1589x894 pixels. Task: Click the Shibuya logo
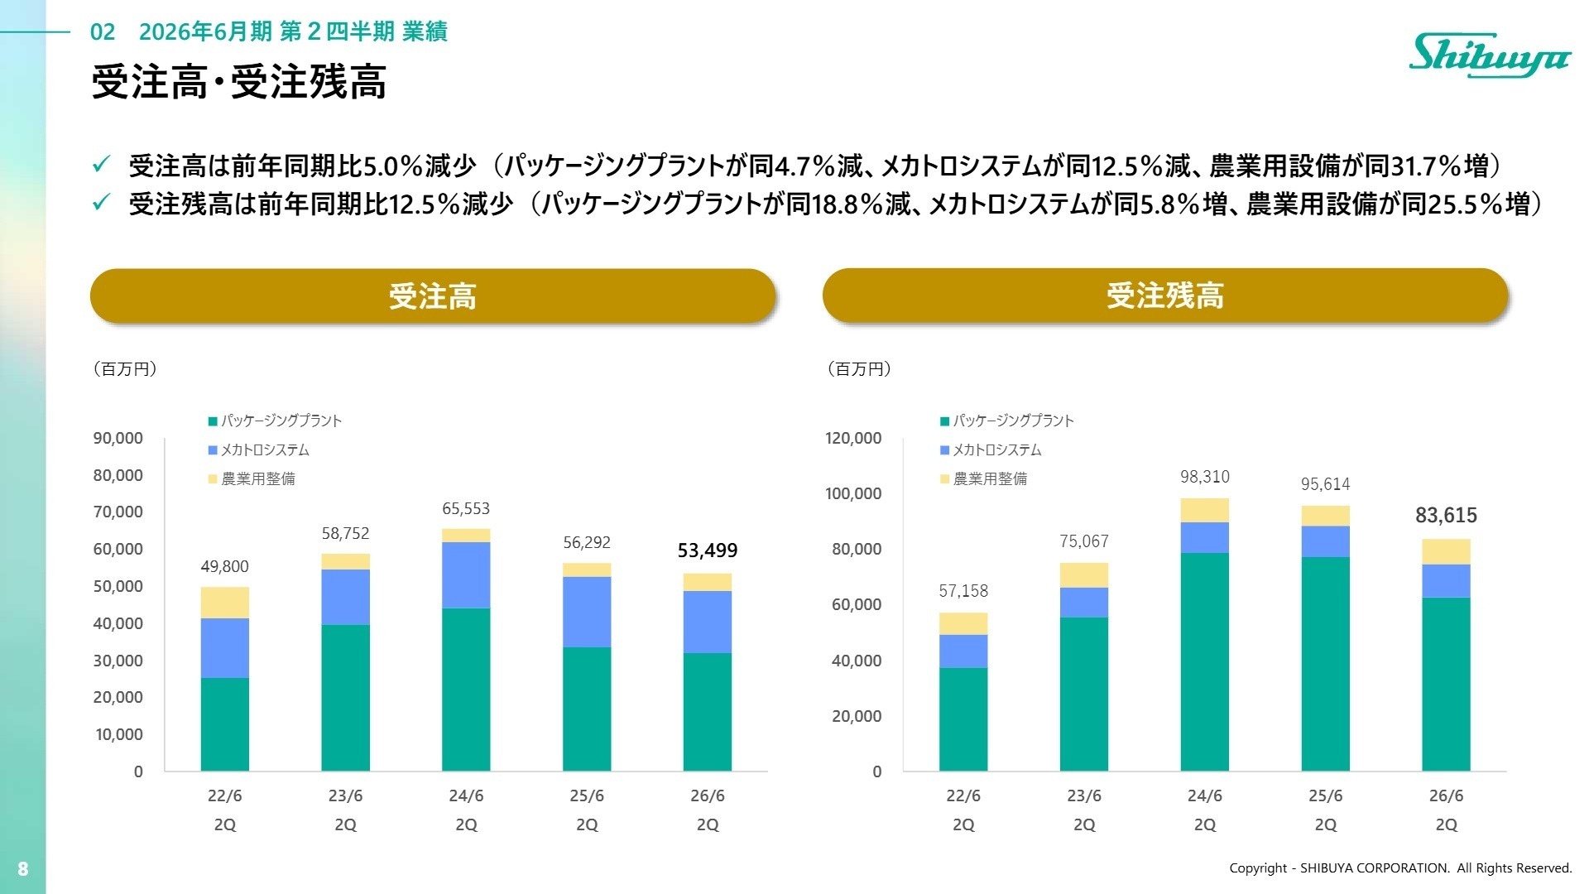coord(1489,56)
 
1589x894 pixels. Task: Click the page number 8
coord(23,868)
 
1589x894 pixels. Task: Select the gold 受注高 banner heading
coord(432,296)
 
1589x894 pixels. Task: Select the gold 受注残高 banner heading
coord(1164,296)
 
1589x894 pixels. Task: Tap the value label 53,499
coord(707,550)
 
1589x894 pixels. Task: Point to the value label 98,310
coord(1204,477)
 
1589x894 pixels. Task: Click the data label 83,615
coord(1445,516)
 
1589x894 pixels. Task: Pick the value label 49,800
coord(224,566)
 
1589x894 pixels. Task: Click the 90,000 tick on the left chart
coord(118,439)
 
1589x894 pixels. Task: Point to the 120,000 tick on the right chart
coord(852,439)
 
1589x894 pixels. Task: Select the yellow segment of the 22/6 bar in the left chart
coord(224,603)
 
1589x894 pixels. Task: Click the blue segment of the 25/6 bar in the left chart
coord(587,612)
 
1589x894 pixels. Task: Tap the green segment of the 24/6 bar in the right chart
coord(1204,662)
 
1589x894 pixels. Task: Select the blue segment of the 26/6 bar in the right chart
coord(1445,581)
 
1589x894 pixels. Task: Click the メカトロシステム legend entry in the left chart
coord(264,450)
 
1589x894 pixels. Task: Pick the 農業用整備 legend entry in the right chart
coord(989,479)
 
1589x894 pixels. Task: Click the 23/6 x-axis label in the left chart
coord(345,796)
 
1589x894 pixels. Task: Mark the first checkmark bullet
coord(101,165)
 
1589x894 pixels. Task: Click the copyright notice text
coord(1399,868)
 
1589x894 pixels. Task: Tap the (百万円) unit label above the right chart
coord(859,369)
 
